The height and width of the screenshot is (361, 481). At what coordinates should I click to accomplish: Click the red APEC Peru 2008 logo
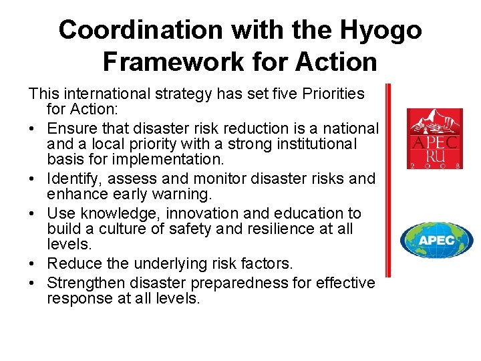pos(435,138)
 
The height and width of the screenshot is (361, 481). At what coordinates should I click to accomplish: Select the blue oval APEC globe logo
pos(436,240)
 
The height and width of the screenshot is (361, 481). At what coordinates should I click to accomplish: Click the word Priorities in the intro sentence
pos(331,93)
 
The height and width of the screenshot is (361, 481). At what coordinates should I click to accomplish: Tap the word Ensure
pos(73,128)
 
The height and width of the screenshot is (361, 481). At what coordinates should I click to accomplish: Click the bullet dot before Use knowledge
pos(33,213)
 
